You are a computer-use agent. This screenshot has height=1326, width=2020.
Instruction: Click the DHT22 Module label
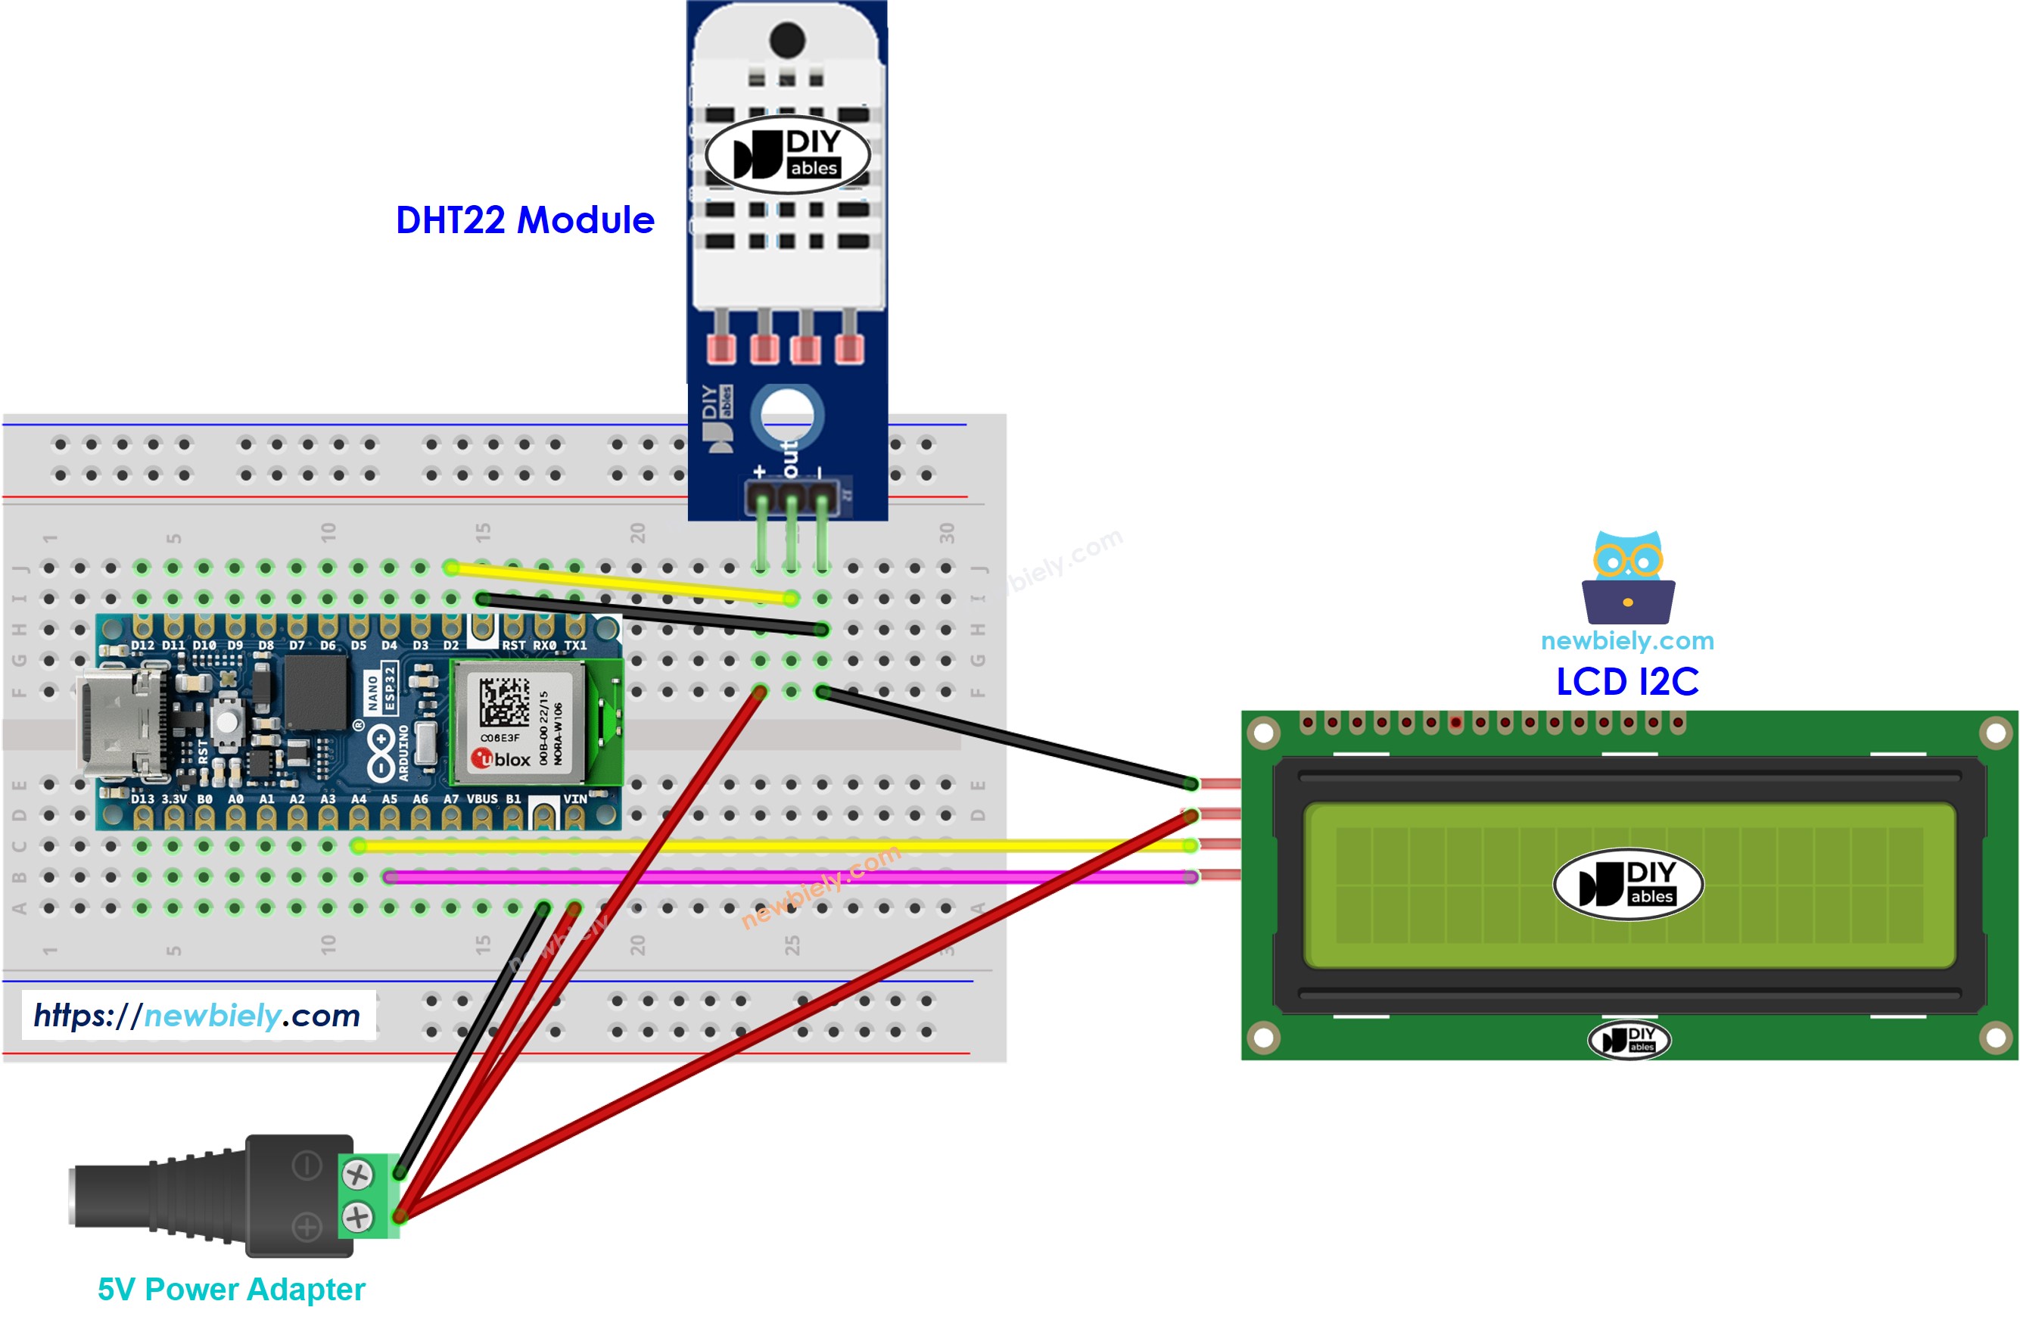[x=524, y=220]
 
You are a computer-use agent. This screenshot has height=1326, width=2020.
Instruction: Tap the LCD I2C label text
[x=1626, y=681]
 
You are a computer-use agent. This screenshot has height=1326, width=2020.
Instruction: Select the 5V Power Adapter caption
[x=231, y=1289]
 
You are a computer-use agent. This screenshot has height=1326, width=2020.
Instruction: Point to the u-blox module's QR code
[x=503, y=701]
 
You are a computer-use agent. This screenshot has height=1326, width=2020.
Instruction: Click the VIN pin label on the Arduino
[x=574, y=798]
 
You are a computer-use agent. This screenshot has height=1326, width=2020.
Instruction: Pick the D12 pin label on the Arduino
[x=142, y=645]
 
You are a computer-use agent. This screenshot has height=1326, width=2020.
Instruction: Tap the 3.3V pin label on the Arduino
[x=173, y=798]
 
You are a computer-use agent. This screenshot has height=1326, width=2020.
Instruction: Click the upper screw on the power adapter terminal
[x=356, y=1175]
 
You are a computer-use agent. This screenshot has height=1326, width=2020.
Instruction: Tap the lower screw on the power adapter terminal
[x=356, y=1216]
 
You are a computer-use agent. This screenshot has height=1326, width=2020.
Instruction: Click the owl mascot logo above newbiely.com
[x=1627, y=577]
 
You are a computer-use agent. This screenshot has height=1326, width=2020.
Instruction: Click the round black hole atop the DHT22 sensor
[x=787, y=39]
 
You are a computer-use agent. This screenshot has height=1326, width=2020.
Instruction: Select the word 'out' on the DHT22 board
[x=790, y=459]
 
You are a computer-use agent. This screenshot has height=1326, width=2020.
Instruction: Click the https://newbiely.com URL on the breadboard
[x=197, y=1015]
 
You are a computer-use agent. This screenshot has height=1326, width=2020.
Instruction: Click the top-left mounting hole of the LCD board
[x=1263, y=733]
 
